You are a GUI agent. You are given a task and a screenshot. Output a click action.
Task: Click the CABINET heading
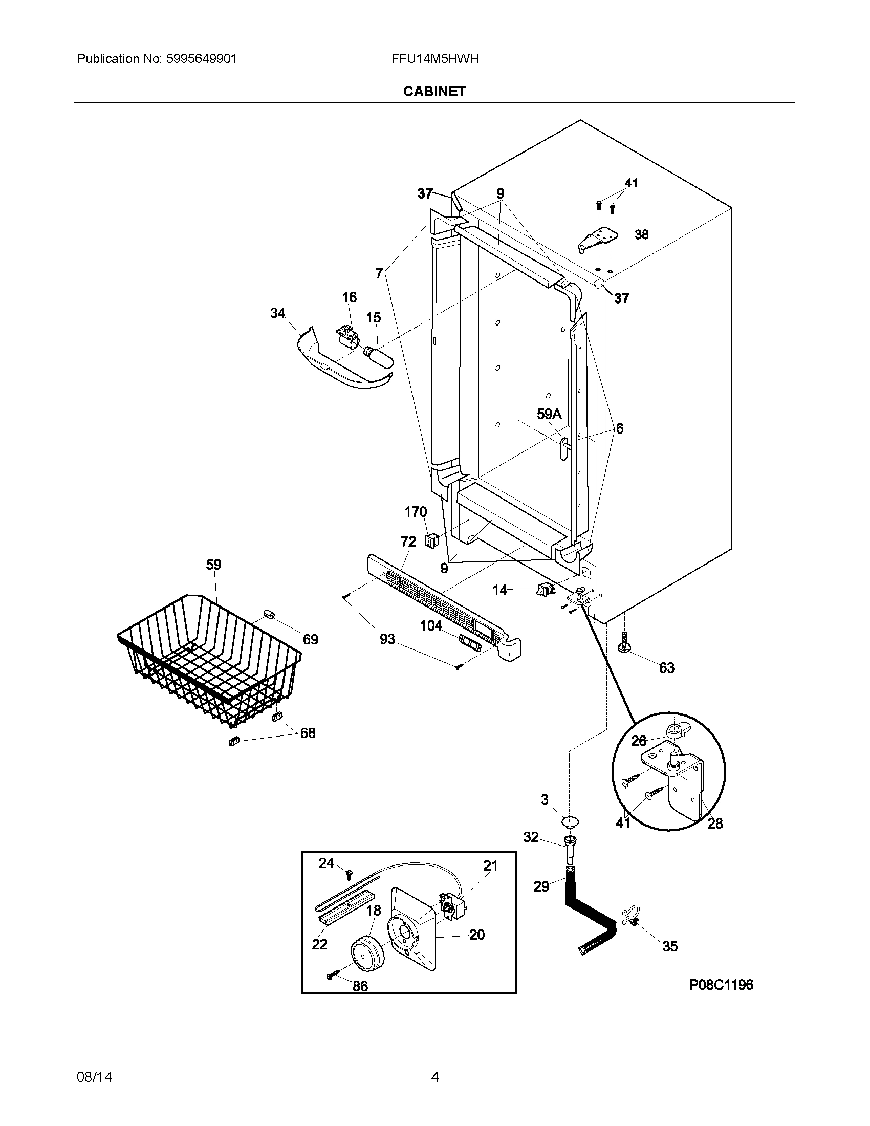click(x=434, y=91)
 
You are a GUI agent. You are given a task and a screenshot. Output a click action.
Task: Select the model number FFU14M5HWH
click(x=434, y=59)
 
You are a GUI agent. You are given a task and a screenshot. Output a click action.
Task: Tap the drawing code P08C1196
click(x=721, y=985)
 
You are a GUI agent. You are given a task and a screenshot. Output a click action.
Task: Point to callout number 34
click(x=278, y=313)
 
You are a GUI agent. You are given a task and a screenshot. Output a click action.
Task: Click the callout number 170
click(x=416, y=512)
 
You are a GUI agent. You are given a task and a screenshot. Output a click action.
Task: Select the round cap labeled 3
click(x=570, y=820)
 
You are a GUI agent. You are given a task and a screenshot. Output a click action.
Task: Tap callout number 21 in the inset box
click(x=490, y=865)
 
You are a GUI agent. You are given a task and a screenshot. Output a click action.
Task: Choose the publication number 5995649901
click(x=201, y=59)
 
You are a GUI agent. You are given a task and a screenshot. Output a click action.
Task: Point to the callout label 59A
click(x=549, y=414)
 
